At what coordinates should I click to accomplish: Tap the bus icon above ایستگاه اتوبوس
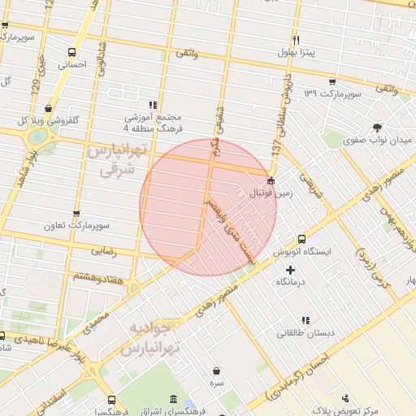click(301, 239)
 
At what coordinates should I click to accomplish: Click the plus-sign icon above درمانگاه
click(290, 269)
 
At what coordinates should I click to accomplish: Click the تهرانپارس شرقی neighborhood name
click(116, 161)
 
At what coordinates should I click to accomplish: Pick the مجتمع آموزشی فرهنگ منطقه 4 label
click(153, 123)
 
